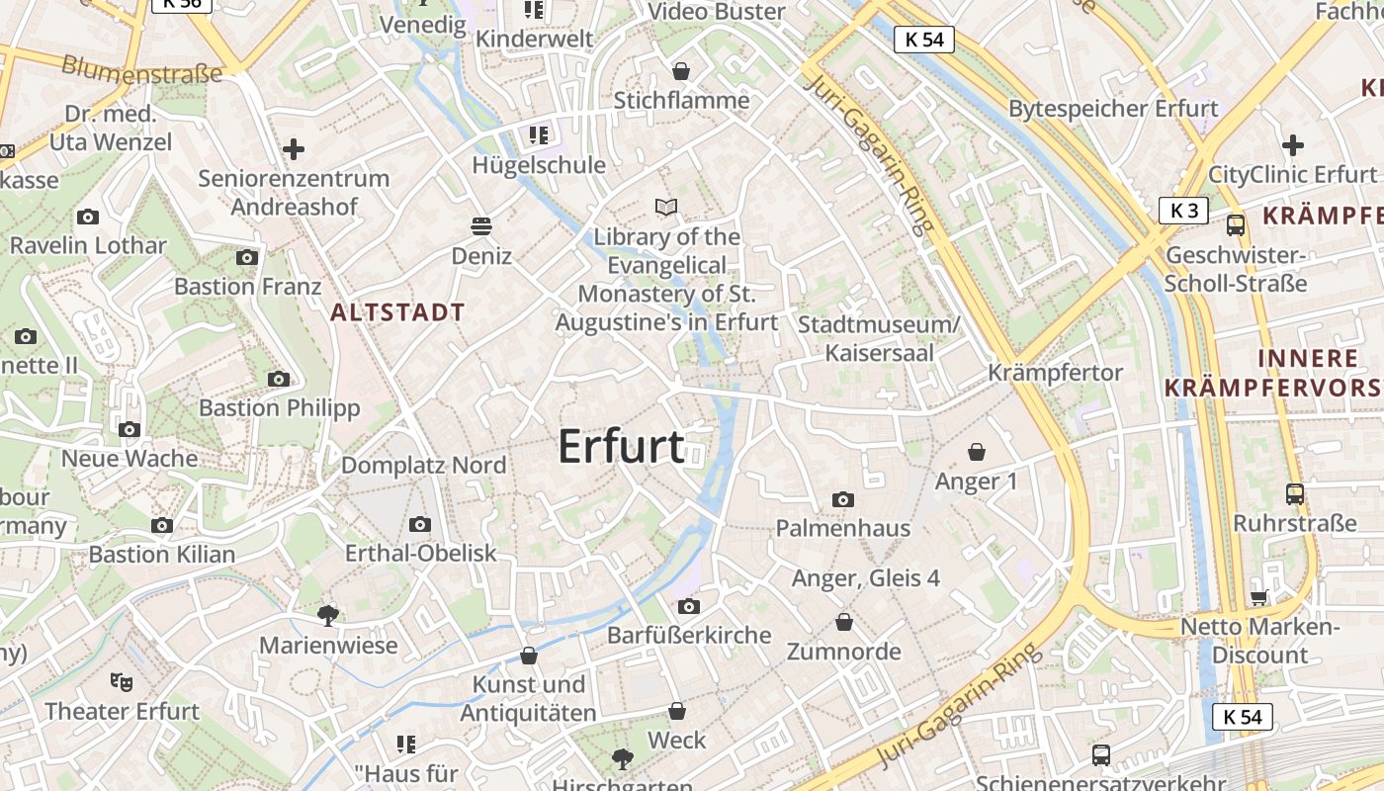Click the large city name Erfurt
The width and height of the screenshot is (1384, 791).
pos(621,447)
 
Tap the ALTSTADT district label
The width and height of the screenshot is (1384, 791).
pos(397,313)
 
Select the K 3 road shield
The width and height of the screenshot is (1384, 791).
pos(1184,211)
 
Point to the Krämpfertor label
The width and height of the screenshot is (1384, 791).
pos(1056,373)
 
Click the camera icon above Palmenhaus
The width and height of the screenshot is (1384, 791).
pos(843,500)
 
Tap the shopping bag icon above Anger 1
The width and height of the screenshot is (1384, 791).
pos(977,452)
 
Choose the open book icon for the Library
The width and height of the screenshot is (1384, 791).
pos(667,208)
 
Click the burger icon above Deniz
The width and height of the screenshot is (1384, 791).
pos(481,226)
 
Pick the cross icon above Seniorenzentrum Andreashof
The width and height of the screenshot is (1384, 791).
pos(293,150)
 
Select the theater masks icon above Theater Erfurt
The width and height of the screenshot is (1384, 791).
pos(122,681)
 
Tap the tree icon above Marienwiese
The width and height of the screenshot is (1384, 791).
pos(328,616)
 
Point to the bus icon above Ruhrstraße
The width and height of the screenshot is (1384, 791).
pos(1295,493)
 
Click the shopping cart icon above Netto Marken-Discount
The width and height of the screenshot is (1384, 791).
pos(1258,596)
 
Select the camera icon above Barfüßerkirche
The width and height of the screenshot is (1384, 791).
pos(689,606)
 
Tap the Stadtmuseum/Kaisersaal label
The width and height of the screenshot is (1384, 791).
pos(879,338)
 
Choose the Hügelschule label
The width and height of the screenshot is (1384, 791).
pos(539,165)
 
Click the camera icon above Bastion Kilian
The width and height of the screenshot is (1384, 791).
pos(162,525)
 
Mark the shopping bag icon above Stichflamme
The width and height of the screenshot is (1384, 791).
pos(681,71)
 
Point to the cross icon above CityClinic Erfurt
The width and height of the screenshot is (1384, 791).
pos(1293,145)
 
